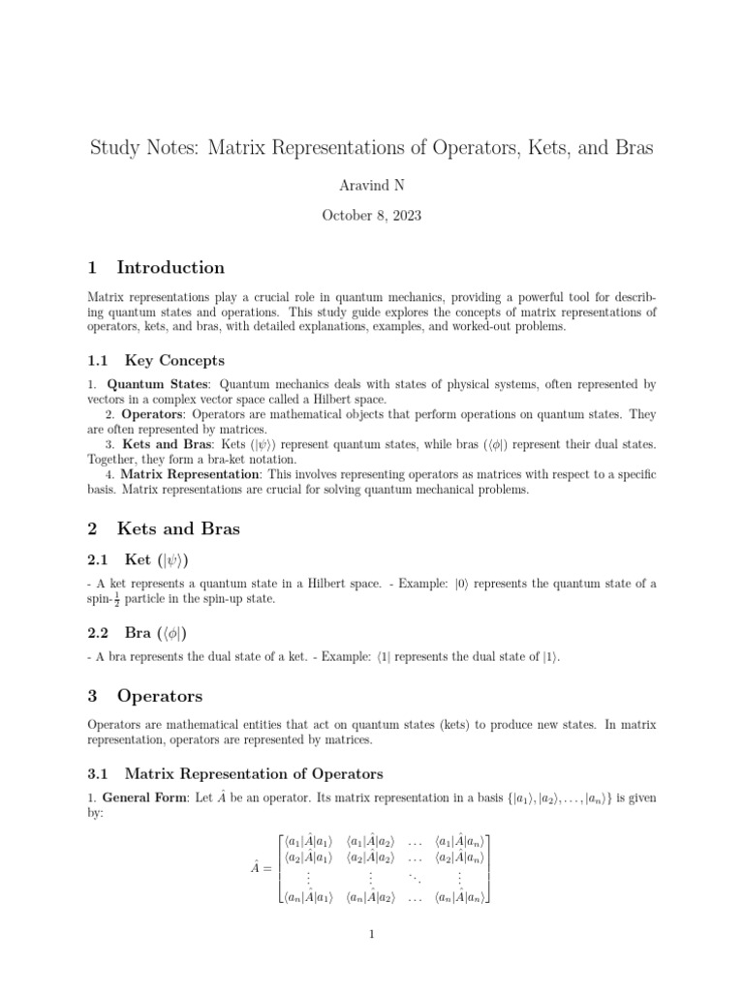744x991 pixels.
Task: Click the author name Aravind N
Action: pos(372,184)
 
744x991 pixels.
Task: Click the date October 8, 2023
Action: pos(372,217)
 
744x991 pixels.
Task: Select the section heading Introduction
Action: pos(170,268)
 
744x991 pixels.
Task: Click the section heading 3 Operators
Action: pos(160,695)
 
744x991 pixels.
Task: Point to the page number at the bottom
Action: pos(372,934)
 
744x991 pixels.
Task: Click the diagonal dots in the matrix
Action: pos(415,878)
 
